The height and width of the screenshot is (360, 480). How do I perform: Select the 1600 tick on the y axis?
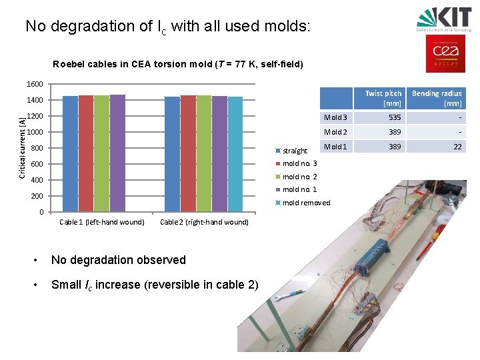tap(35, 85)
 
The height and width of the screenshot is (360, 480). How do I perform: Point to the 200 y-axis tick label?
tap(37, 197)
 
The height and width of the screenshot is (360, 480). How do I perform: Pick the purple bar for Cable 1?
tap(117, 153)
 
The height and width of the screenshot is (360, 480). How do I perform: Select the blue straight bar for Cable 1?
tap(70, 154)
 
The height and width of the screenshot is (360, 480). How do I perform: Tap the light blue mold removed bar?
tap(235, 154)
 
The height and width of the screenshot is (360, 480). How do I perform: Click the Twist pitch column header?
tap(383, 98)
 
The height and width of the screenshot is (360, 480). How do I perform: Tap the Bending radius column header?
tap(437, 98)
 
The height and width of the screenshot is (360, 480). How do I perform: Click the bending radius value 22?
tap(457, 147)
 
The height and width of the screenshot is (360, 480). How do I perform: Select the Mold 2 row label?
tap(335, 132)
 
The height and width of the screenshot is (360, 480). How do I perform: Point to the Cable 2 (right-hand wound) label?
tap(204, 222)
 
